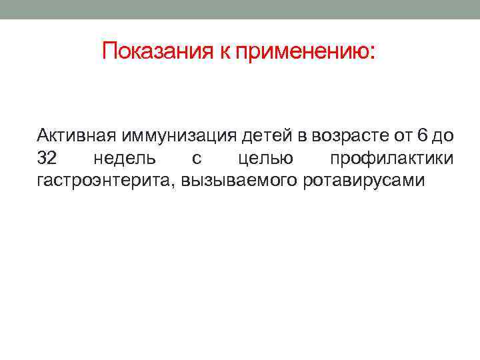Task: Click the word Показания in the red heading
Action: pos(157,51)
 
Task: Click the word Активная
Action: pos(76,136)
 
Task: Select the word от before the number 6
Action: pos(403,136)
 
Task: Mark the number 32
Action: pos(47,158)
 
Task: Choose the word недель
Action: pos(125,159)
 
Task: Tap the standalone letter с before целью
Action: pos(196,159)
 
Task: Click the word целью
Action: pos(265,159)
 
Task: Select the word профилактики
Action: pos(392,159)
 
